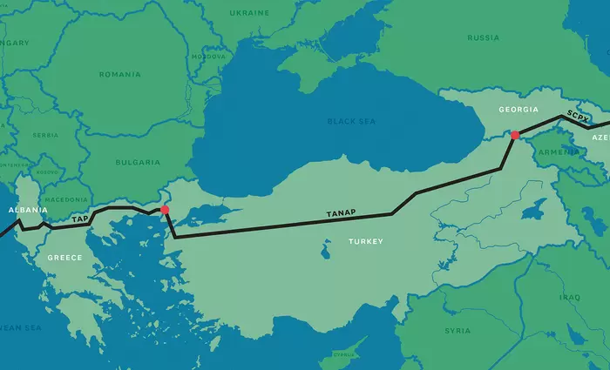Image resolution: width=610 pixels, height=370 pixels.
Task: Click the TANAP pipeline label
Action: pyautogui.click(x=342, y=212)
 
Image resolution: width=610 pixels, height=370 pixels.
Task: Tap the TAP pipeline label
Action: pyautogui.click(x=79, y=219)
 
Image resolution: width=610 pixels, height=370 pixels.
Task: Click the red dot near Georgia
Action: pyautogui.click(x=515, y=135)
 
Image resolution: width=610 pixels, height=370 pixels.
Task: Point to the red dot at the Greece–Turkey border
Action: pyautogui.click(x=164, y=210)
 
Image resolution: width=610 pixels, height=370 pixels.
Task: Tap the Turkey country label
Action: pyautogui.click(x=364, y=240)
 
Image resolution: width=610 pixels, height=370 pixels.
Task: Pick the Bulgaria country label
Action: pyautogui.click(x=138, y=162)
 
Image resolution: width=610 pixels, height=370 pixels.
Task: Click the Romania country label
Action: pyautogui.click(x=119, y=75)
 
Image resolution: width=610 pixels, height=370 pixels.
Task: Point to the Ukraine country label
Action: pyautogui.click(x=248, y=14)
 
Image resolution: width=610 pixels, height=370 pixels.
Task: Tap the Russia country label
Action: pyautogui.click(x=483, y=37)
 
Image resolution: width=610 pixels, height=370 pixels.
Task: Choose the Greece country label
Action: pyautogui.click(x=64, y=258)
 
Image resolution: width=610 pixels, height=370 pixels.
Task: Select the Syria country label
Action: pyautogui.click(x=457, y=331)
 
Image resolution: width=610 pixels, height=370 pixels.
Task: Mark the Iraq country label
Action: pyautogui.click(x=569, y=297)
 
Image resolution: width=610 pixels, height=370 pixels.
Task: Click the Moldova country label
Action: pyautogui.click(x=207, y=56)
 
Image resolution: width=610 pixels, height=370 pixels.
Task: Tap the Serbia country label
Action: pyautogui.click(x=45, y=135)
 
